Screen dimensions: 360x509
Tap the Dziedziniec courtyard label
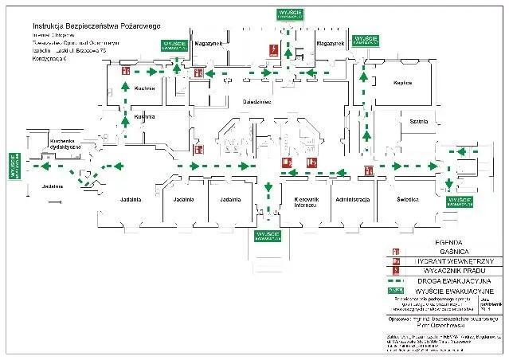click(256, 101)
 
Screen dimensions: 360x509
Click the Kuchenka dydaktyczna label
click(50, 144)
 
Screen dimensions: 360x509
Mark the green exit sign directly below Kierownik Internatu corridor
click(268, 236)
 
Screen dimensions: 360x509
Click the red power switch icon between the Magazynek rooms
click(273, 49)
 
